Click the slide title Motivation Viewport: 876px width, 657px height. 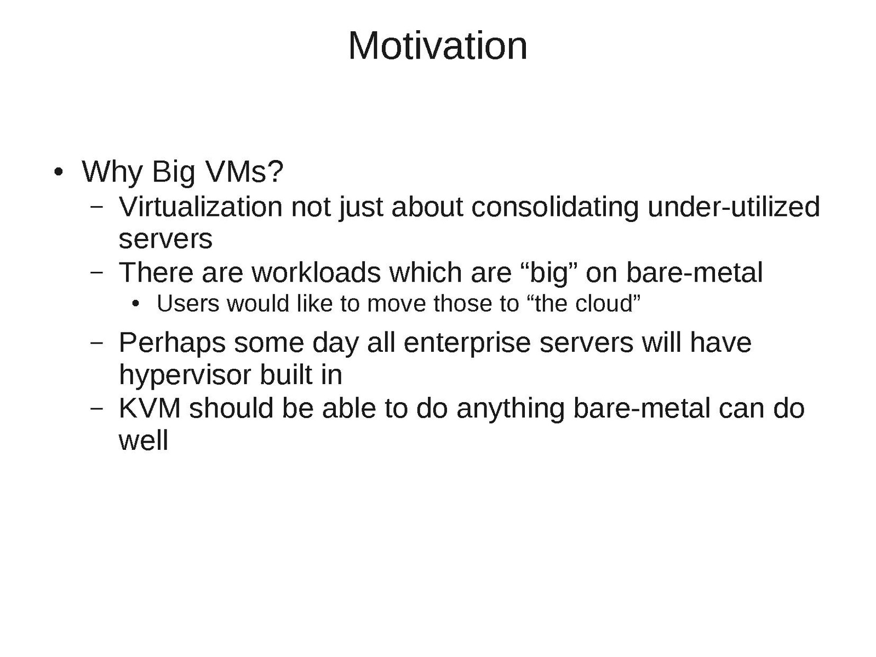pos(438,46)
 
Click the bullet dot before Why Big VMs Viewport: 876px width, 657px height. pos(58,172)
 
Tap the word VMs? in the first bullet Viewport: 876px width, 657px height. pos(244,172)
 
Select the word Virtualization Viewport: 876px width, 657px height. pos(201,207)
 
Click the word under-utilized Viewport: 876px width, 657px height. pos(734,207)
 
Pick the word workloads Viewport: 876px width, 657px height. pos(316,273)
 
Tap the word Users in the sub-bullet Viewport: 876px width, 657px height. pos(188,304)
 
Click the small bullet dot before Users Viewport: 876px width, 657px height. pos(136,304)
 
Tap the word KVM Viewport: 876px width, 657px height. pos(150,408)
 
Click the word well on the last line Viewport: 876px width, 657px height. pos(144,441)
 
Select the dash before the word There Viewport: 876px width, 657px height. pos(96,273)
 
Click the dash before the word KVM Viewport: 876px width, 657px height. pos(96,408)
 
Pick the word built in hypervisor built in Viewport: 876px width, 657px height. pos(286,375)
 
